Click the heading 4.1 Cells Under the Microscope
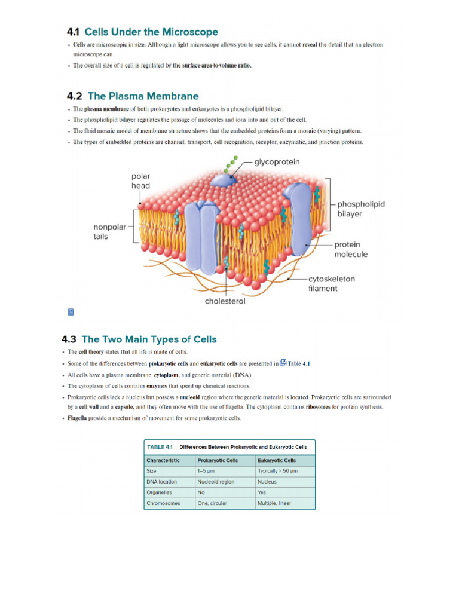142,32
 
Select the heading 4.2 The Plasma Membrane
133,96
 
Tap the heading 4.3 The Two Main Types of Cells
139,339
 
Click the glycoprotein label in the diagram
277,162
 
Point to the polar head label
141,181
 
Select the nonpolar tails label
109,231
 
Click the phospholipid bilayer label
361,209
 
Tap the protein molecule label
351,249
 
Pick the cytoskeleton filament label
331,283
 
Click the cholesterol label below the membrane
225,301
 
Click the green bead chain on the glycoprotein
232,163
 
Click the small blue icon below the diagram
71,312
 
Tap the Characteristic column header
163,460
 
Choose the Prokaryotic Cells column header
218,460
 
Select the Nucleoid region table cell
216,482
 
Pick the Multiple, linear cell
274,503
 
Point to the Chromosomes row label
163,503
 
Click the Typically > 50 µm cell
277,471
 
